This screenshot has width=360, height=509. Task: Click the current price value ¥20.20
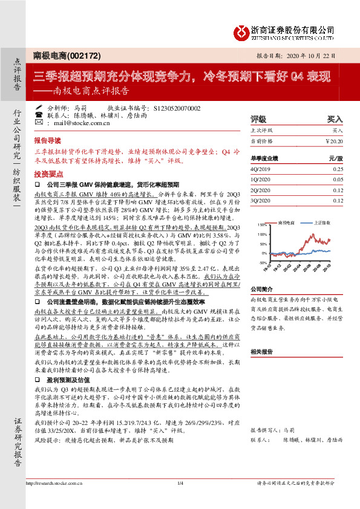click(x=334, y=140)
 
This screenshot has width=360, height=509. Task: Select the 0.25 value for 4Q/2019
click(x=338, y=170)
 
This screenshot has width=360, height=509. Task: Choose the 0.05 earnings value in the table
click(x=338, y=180)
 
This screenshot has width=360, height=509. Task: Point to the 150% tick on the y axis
click(x=262, y=225)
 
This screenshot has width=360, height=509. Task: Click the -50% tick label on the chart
click(x=262, y=263)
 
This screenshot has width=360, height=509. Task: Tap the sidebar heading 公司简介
click(x=261, y=289)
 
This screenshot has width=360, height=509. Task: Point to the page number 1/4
click(x=180, y=482)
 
